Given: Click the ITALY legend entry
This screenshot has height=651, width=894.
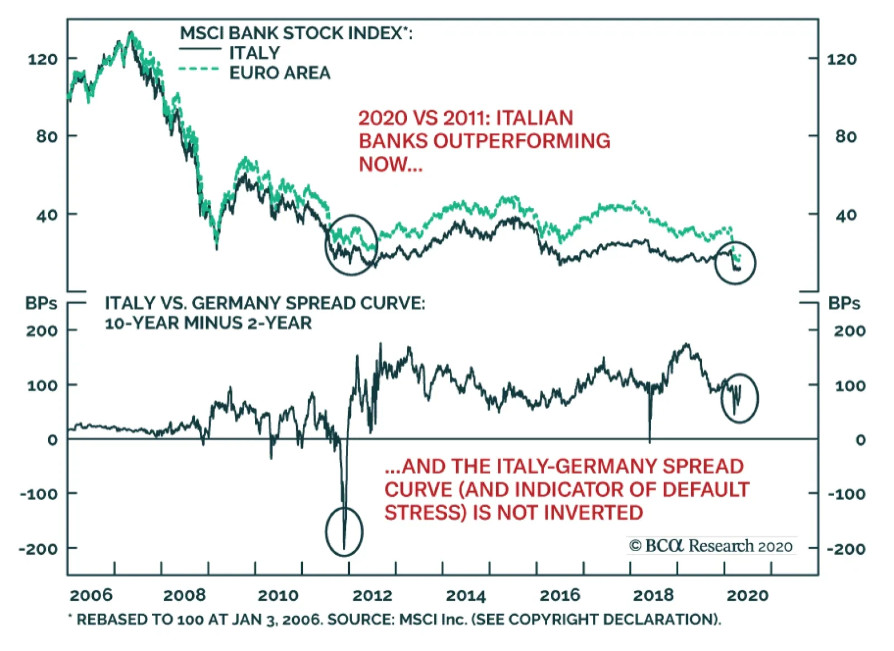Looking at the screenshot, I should click(x=254, y=53).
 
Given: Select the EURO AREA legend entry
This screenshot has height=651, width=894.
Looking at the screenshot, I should click(x=279, y=73).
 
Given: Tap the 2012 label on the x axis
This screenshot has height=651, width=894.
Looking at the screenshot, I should click(x=372, y=596).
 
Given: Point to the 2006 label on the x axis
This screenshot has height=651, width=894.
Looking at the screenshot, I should click(x=91, y=596).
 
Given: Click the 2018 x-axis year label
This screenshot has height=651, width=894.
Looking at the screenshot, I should click(x=653, y=596).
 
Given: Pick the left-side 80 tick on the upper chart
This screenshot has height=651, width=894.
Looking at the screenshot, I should click(x=47, y=136).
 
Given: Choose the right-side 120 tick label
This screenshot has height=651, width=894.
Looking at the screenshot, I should click(x=841, y=59).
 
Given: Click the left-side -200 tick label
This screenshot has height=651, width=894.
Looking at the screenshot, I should click(x=38, y=549).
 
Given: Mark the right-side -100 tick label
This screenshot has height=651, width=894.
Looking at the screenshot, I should click(x=847, y=495).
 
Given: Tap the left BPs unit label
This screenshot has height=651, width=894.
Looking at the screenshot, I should click(x=41, y=303).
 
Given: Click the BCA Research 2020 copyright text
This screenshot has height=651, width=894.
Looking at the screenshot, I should click(x=711, y=546).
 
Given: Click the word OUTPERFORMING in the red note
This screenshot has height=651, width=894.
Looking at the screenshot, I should click(x=521, y=141).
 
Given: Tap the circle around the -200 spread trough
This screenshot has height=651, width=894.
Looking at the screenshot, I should click(x=344, y=531).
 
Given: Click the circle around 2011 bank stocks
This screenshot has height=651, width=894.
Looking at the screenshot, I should click(x=351, y=245).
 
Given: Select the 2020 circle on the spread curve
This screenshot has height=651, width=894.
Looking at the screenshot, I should click(x=739, y=398).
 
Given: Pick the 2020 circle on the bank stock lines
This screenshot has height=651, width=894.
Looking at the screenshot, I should click(x=735, y=263).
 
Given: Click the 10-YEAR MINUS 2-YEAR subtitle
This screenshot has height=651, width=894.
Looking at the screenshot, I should click(x=208, y=323).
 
